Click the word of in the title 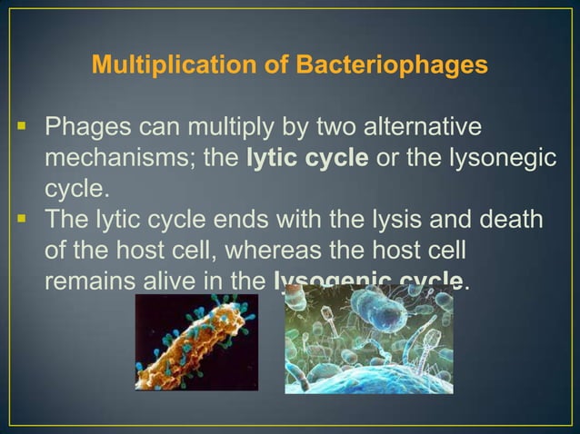click(268, 66)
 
